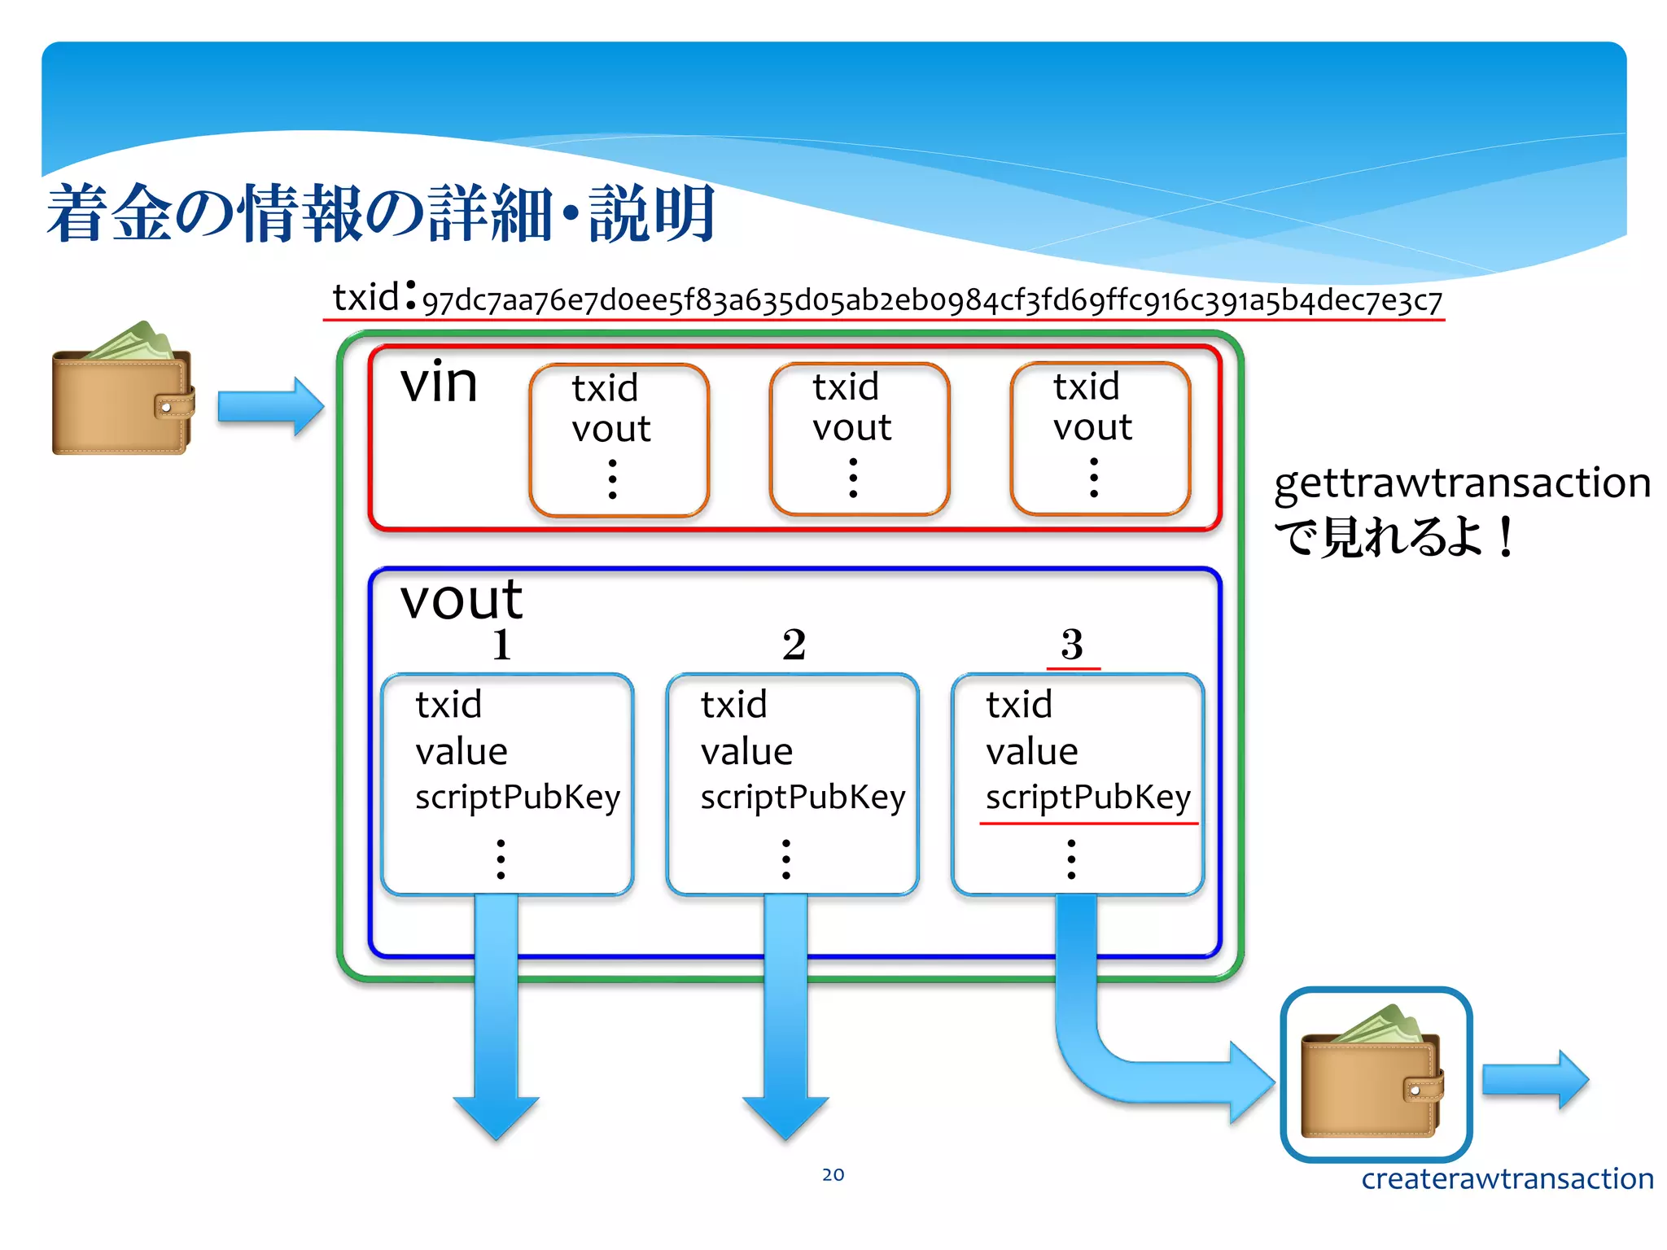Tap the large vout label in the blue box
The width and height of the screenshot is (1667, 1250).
pyautogui.click(x=461, y=600)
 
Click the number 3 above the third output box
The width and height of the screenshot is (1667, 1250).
pyautogui.click(x=1072, y=645)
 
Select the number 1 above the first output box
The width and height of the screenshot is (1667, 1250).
pyautogui.click(x=501, y=645)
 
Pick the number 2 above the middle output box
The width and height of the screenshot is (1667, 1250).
pyautogui.click(x=794, y=645)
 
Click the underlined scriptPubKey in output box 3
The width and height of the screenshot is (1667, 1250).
pyautogui.click(x=1087, y=798)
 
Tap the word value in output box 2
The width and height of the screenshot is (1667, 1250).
pyautogui.click(x=746, y=751)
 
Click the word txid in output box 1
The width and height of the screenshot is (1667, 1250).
pyautogui.click(x=448, y=705)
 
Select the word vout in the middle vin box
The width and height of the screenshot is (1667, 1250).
pyautogui.click(x=851, y=428)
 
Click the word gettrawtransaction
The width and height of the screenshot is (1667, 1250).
pyautogui.click(x=1462, y=483)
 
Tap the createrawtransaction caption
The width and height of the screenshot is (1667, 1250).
pyautogui.click(x=1507, y=1178)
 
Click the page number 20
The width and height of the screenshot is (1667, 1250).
pyautogui.click(x=833, y=1174)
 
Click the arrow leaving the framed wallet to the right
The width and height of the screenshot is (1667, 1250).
pyautogui.click(x=1534, y=1080)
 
